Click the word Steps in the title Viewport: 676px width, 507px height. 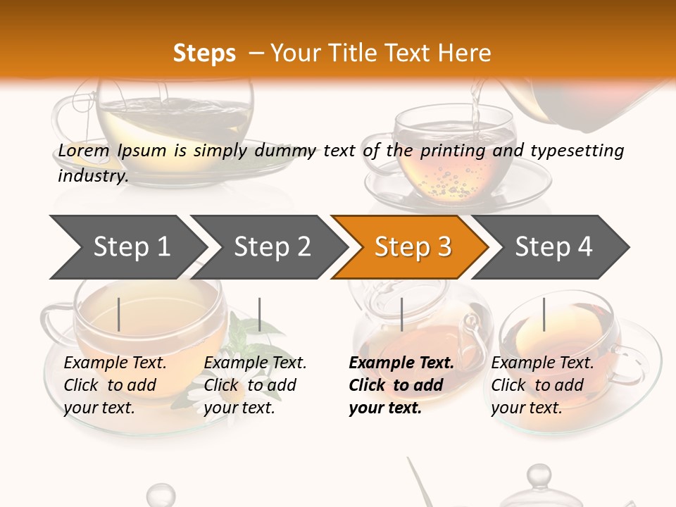(204, 54)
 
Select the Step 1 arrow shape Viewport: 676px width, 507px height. (127, 246)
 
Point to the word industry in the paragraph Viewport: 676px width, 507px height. (92, 176)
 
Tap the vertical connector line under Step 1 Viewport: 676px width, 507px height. (119, 314)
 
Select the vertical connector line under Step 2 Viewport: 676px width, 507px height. (260, 314)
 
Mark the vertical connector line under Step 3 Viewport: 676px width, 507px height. (401, 314)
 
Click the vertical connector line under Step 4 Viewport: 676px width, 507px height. (544, 314)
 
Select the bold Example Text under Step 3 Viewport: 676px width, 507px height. (401, 363)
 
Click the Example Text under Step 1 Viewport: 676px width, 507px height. (115, 363)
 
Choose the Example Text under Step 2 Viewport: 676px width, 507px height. (255, 363)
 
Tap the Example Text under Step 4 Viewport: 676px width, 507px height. (542, 363)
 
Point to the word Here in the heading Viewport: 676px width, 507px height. (464, 54)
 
